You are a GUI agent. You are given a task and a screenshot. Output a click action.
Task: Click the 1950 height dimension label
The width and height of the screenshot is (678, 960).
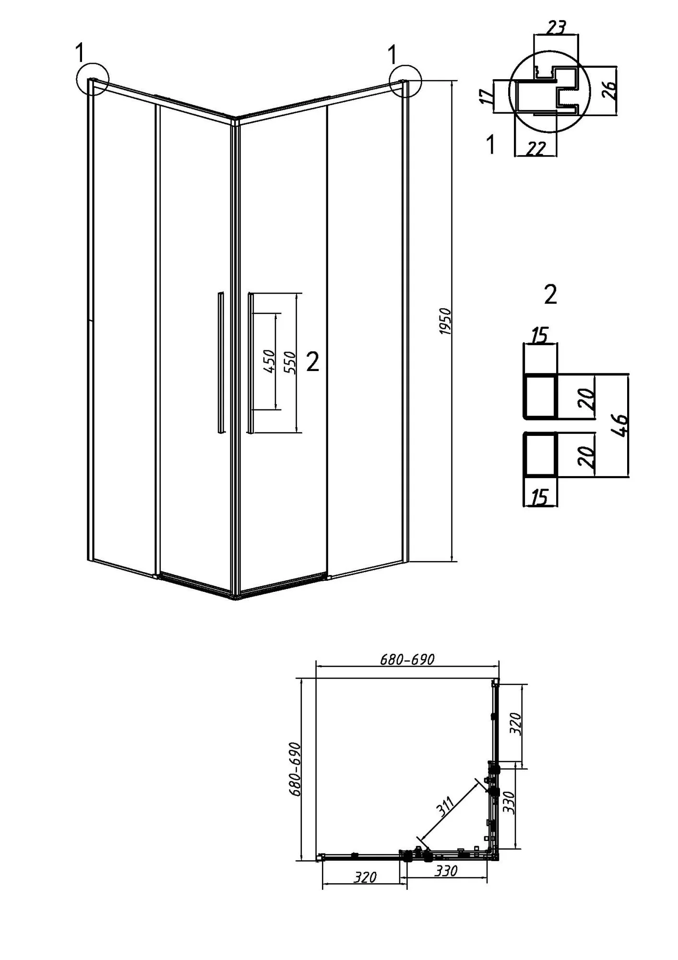tap(445, 322)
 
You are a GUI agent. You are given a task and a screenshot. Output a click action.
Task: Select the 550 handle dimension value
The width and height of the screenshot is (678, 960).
tap(290, 362)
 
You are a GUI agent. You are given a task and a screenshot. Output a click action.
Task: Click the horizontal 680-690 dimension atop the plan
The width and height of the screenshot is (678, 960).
tap(407, 659)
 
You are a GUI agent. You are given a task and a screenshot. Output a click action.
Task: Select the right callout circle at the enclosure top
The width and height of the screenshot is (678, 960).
tap(405, 81)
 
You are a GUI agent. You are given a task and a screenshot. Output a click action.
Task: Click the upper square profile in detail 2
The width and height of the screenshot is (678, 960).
tap(539, 396)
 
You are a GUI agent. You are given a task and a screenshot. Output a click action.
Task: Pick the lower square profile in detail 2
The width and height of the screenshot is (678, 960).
tap(539, 454)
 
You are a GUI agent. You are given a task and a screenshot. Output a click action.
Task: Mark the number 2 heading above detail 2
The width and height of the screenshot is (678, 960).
tap(550, 294)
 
